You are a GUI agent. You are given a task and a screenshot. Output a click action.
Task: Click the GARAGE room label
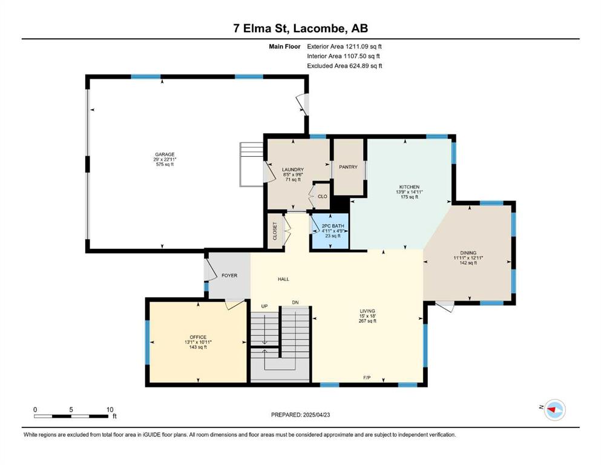point(165,154)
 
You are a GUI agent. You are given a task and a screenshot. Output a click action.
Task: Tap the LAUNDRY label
point(293,170)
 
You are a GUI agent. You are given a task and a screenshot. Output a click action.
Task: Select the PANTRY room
point(348,167)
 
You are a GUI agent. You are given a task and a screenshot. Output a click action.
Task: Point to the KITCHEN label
point(409,187)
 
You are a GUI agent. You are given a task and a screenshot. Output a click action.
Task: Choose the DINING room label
point(468,253)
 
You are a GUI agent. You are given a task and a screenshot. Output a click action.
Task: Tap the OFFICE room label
point(198,337)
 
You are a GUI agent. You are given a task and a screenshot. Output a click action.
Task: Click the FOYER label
point(229,275)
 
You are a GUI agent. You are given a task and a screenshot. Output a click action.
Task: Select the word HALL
point(284,279)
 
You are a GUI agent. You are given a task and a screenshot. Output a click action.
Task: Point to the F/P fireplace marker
point(367,378)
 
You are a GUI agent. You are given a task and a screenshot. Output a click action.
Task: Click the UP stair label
point(264,306)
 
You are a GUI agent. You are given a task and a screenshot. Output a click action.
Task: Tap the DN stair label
point(295,303)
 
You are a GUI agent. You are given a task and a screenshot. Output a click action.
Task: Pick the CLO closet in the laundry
point(323,196)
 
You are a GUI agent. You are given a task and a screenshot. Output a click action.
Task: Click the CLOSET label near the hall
point(275,231)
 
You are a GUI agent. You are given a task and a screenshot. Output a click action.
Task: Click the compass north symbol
point(554,410)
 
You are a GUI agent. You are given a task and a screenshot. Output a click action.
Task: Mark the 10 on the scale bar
point(110,409)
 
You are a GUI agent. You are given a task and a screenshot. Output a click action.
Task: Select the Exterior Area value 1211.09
point(357,47)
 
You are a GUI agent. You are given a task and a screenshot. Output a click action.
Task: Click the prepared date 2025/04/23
point(317,415)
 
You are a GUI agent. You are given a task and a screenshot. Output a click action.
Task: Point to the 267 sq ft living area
point(367,322)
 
